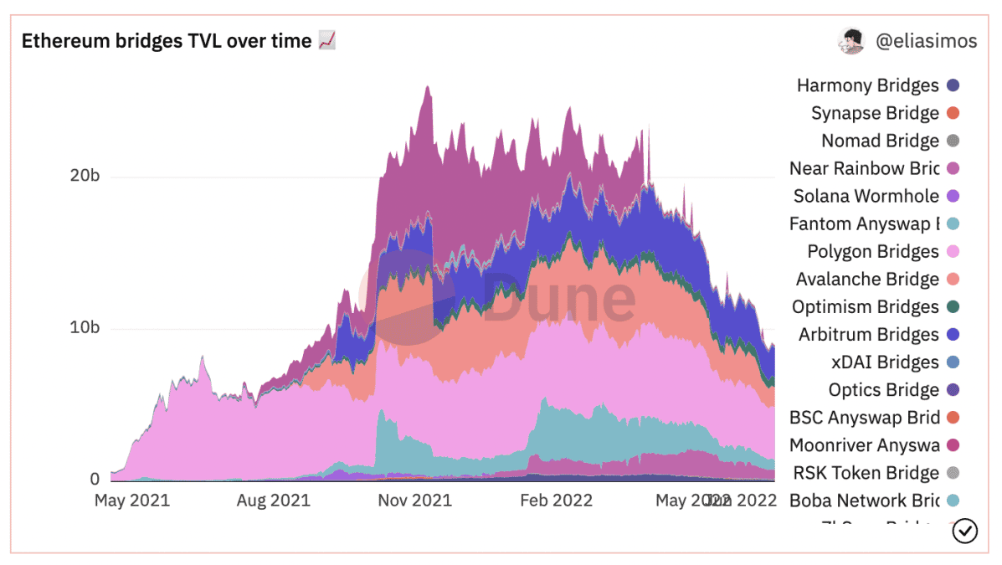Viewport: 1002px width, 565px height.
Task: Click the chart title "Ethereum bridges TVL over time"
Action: point(166,41)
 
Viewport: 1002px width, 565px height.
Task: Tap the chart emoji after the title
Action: point(327,40)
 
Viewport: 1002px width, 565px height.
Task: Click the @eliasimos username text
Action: point(926,41)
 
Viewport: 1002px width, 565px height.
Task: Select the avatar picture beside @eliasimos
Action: point(850,40)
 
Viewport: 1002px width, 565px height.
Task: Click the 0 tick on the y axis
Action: point(95,480)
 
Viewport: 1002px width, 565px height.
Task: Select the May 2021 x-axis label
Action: point(131,501)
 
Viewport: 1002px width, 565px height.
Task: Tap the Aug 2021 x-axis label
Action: point(273,501)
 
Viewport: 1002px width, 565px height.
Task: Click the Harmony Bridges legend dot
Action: point(952,85)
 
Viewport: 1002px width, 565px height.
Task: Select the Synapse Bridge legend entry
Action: point(875,113)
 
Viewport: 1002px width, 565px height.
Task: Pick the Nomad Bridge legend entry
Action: point(880,141)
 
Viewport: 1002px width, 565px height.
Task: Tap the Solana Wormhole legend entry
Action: point(866,196)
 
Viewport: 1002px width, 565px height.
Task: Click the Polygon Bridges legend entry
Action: point(873,251)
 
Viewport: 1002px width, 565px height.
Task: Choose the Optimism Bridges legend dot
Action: point(952,307)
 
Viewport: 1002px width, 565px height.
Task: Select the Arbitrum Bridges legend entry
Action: point(868,335)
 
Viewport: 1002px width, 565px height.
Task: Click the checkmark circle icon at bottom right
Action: point(965,531)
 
